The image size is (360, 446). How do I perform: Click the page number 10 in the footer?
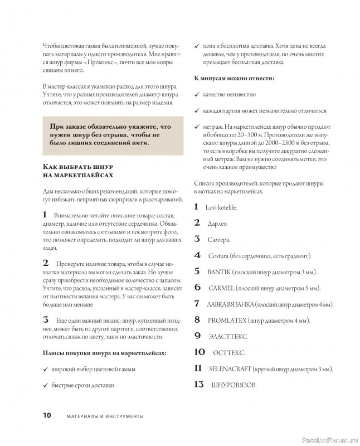click(46, 415)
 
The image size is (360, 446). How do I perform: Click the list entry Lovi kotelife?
click(222, 207)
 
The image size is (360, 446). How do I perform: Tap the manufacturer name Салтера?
click(219, 240)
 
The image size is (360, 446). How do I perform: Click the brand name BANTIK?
click(221, 272)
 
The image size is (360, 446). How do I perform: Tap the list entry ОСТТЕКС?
click(228, 353)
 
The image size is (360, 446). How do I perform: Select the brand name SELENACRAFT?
click(229, 369)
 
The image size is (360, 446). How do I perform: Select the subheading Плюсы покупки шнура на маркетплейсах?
click(105, 353)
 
